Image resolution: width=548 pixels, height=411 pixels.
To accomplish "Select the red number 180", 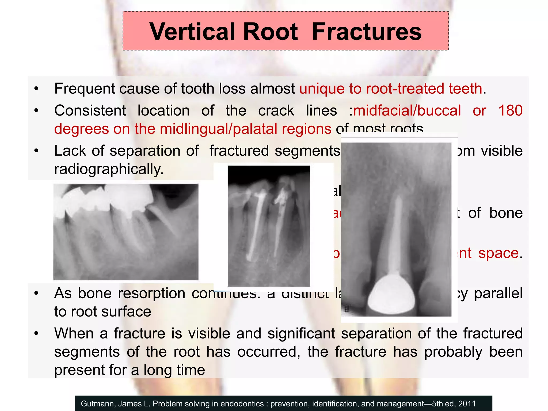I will (510, 110).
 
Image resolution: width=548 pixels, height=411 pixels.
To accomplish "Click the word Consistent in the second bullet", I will (90, 110).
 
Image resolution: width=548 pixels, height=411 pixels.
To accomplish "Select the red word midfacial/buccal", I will (407, 110).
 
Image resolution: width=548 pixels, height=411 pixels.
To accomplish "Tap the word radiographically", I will (109, 169).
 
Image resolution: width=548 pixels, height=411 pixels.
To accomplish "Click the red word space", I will (498, 253).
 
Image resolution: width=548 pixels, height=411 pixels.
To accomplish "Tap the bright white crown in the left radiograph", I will (128, 198).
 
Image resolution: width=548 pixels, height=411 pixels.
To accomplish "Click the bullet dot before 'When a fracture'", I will (36, 333).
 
